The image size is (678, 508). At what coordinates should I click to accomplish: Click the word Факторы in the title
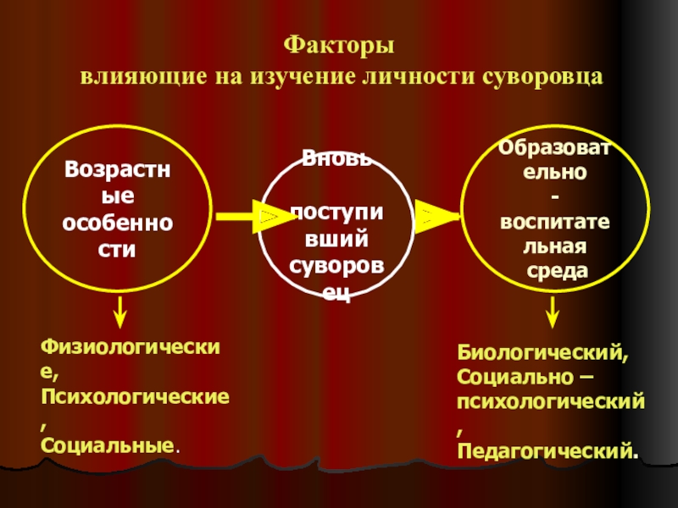point(338,43)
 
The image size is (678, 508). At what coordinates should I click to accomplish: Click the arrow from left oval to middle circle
point(247,218)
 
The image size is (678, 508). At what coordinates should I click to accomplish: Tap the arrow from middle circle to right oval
point(436,218)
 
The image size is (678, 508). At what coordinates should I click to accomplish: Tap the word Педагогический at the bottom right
point(546,448)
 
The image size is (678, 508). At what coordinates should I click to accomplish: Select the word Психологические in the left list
point(135,395)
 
